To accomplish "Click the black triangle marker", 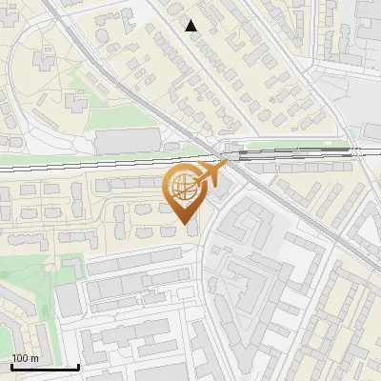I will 191,26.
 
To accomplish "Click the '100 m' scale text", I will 25,358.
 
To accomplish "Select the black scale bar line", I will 45,367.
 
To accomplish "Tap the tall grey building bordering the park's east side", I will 68,300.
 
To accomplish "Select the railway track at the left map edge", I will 5,168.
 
